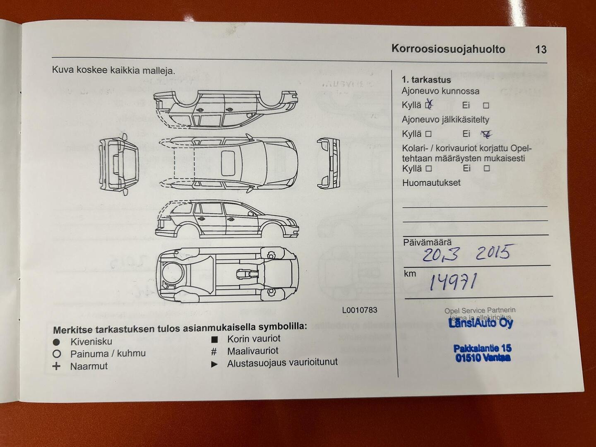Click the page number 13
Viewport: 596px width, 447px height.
[x=541, y=50]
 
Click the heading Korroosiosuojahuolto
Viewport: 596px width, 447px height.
[x=448, y=49]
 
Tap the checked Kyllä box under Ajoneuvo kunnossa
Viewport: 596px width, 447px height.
[x=428, y=105]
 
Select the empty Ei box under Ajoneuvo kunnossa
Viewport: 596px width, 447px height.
[x=486, y=106]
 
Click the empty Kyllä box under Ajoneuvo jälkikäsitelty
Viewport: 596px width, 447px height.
[x=428, y=134]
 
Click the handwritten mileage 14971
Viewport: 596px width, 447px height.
[x=453, y=282]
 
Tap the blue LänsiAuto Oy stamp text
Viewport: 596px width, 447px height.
[x=481, y=323]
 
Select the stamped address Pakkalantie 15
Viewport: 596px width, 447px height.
[x=482, y=348]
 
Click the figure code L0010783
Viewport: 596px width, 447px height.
[x=360, y=310]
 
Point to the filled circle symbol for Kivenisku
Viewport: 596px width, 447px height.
[x=57, y=342]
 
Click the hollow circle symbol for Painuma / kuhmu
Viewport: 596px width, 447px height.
[x=57, y=354]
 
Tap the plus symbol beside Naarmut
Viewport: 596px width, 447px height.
[x=57, y=366]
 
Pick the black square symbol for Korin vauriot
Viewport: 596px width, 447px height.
[x=214, y=339]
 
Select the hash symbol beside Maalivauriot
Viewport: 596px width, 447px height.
[x=214, y=352]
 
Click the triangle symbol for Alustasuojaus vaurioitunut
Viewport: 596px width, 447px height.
[x=214, y=364]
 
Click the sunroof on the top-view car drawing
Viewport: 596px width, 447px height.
[x=228, y=163]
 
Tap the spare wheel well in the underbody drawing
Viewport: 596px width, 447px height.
[x=173, y=274]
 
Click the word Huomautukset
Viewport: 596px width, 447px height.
[x=431, y=183]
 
